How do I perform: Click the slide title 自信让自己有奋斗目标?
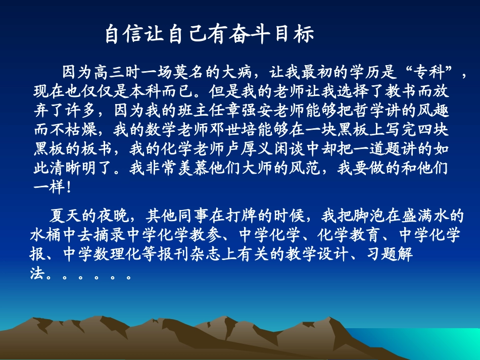coord(209,35)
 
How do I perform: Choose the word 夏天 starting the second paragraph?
coord(65,216)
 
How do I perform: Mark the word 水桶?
coord(46,235)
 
